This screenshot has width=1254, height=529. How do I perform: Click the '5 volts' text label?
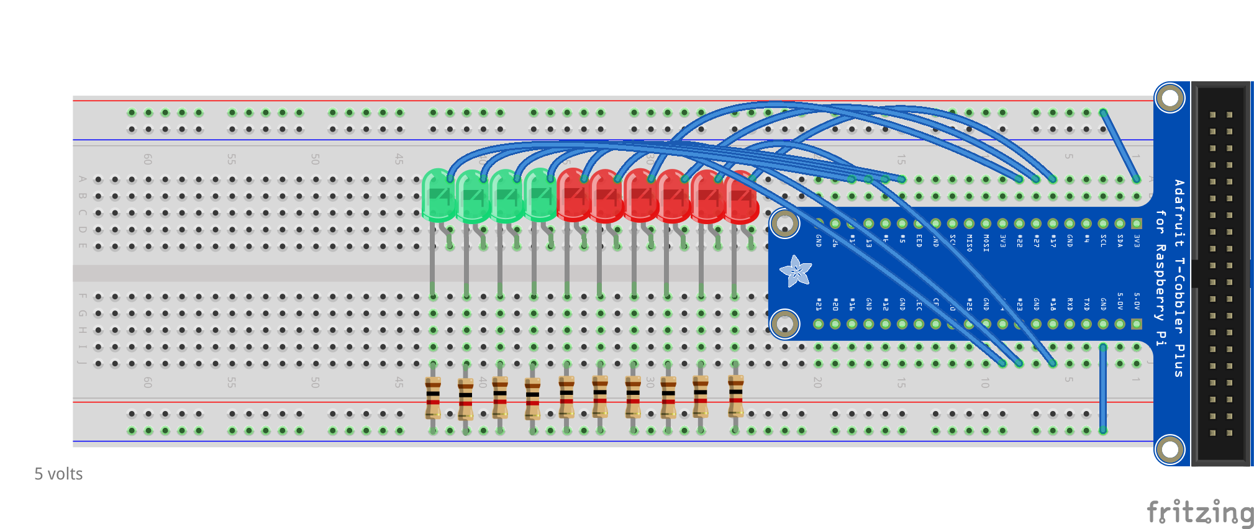(58, 474)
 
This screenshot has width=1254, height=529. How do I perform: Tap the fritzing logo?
(1199, 513)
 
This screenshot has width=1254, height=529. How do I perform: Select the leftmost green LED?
(438, 196)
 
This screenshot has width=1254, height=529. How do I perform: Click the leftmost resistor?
(433, 397)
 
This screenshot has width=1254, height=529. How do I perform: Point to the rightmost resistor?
(735, 396)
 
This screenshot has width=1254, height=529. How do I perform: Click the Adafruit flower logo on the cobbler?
(795, 271)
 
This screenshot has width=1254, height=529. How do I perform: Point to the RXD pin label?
(1070, 304)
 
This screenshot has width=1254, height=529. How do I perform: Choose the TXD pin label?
(1086, 304)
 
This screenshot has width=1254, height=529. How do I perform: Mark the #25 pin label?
(969, 304)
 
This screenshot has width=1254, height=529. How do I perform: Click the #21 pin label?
(819, 304)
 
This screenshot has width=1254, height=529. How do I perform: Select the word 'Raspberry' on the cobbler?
(1160, 283)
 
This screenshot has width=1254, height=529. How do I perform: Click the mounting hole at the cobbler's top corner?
(1170, 98)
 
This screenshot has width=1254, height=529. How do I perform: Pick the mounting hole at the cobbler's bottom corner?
(1170, 450)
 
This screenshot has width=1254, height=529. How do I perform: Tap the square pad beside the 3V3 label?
(1137, 224)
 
